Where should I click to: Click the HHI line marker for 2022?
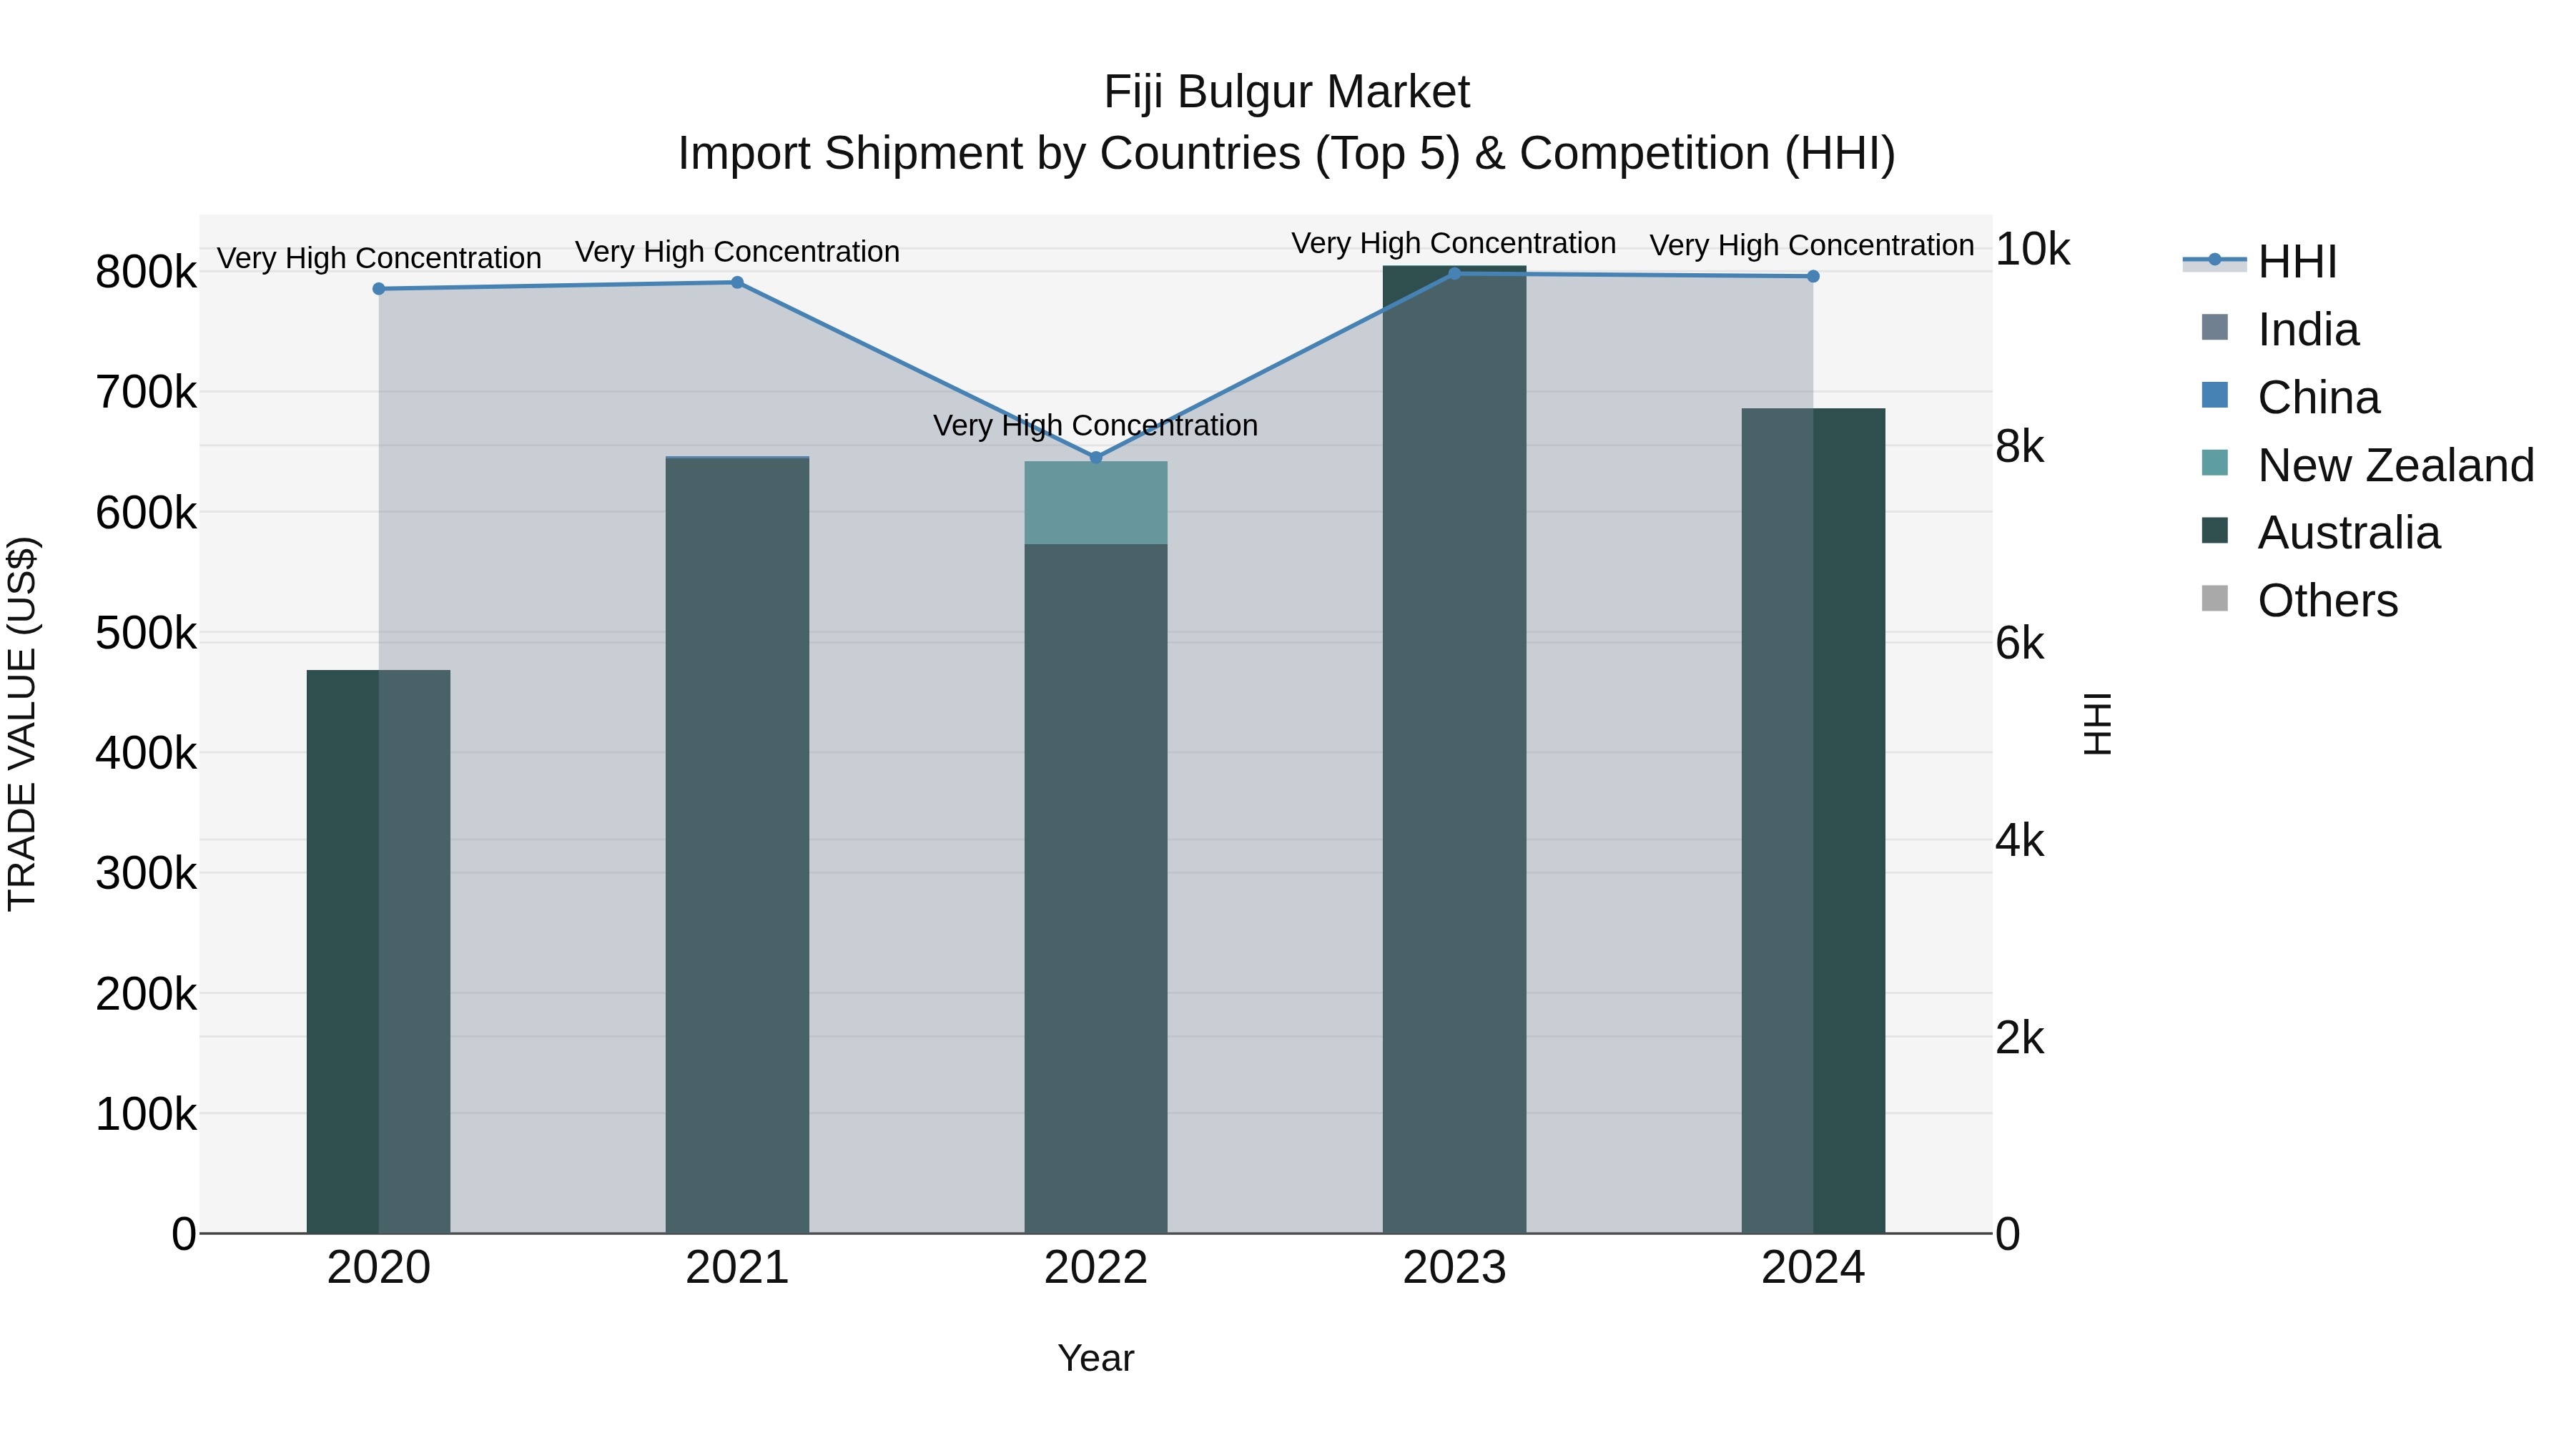point(1095,458)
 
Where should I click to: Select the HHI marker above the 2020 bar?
point(379,289)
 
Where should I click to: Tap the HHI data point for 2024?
point(1813,277)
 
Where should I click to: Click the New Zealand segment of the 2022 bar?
point(1095,503)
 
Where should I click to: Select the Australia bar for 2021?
point(736,849)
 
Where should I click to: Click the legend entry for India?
point(2307,330)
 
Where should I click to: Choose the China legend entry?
point(2317,398)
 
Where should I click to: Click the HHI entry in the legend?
point(2296,262)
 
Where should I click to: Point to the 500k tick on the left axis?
point(146,634)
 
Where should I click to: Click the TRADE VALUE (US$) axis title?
point(23,724)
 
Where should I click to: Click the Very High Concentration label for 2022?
point(1095,425)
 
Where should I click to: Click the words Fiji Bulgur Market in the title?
point(1286,92)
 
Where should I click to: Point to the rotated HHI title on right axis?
point(2097,724)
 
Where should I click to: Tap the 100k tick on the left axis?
point(146,1114)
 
